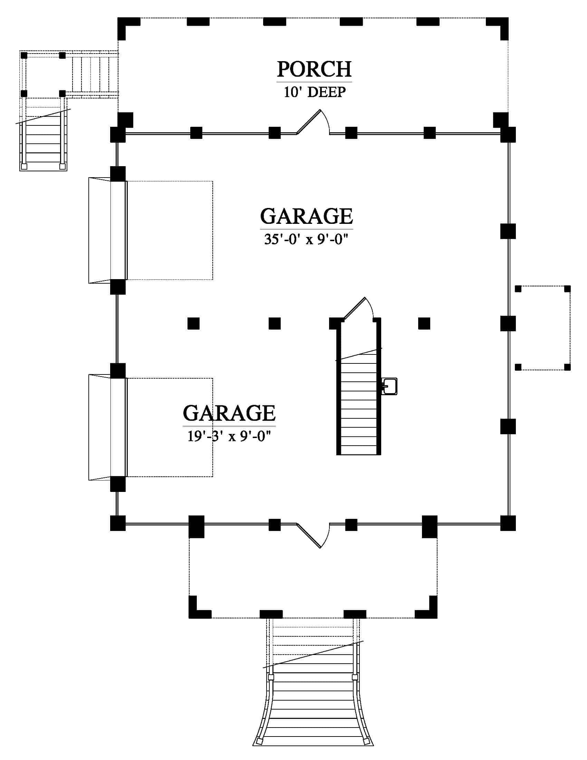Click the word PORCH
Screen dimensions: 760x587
(x=314, y=69)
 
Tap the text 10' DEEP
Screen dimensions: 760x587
(x=315, y=92)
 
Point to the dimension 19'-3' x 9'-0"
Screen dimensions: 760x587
(x=229, y=436)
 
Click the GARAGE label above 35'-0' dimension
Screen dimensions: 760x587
(x=306, y=217)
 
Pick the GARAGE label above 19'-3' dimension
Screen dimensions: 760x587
(x=229, y=413)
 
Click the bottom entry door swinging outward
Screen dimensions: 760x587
(x=313, y=535)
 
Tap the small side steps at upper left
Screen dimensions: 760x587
(x=43, y=139)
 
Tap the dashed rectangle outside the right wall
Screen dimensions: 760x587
(x=542, y=328)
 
